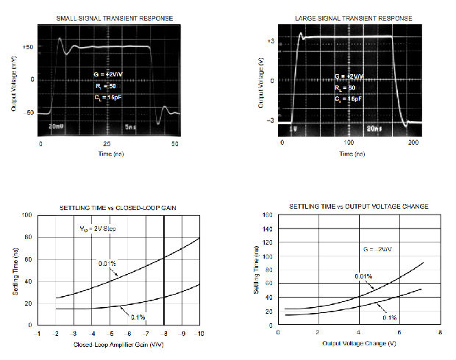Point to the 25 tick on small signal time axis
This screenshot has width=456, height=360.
(x=107, y=145)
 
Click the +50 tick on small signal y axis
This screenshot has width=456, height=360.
(x=29, y=47)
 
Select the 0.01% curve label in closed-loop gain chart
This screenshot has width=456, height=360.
(x=109, y=262)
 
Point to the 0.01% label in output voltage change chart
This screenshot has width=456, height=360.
(x=363, y=276)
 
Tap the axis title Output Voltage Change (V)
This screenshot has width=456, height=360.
(x=358, y=342)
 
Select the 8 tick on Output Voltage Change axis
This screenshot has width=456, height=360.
(x=440, y=332)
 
